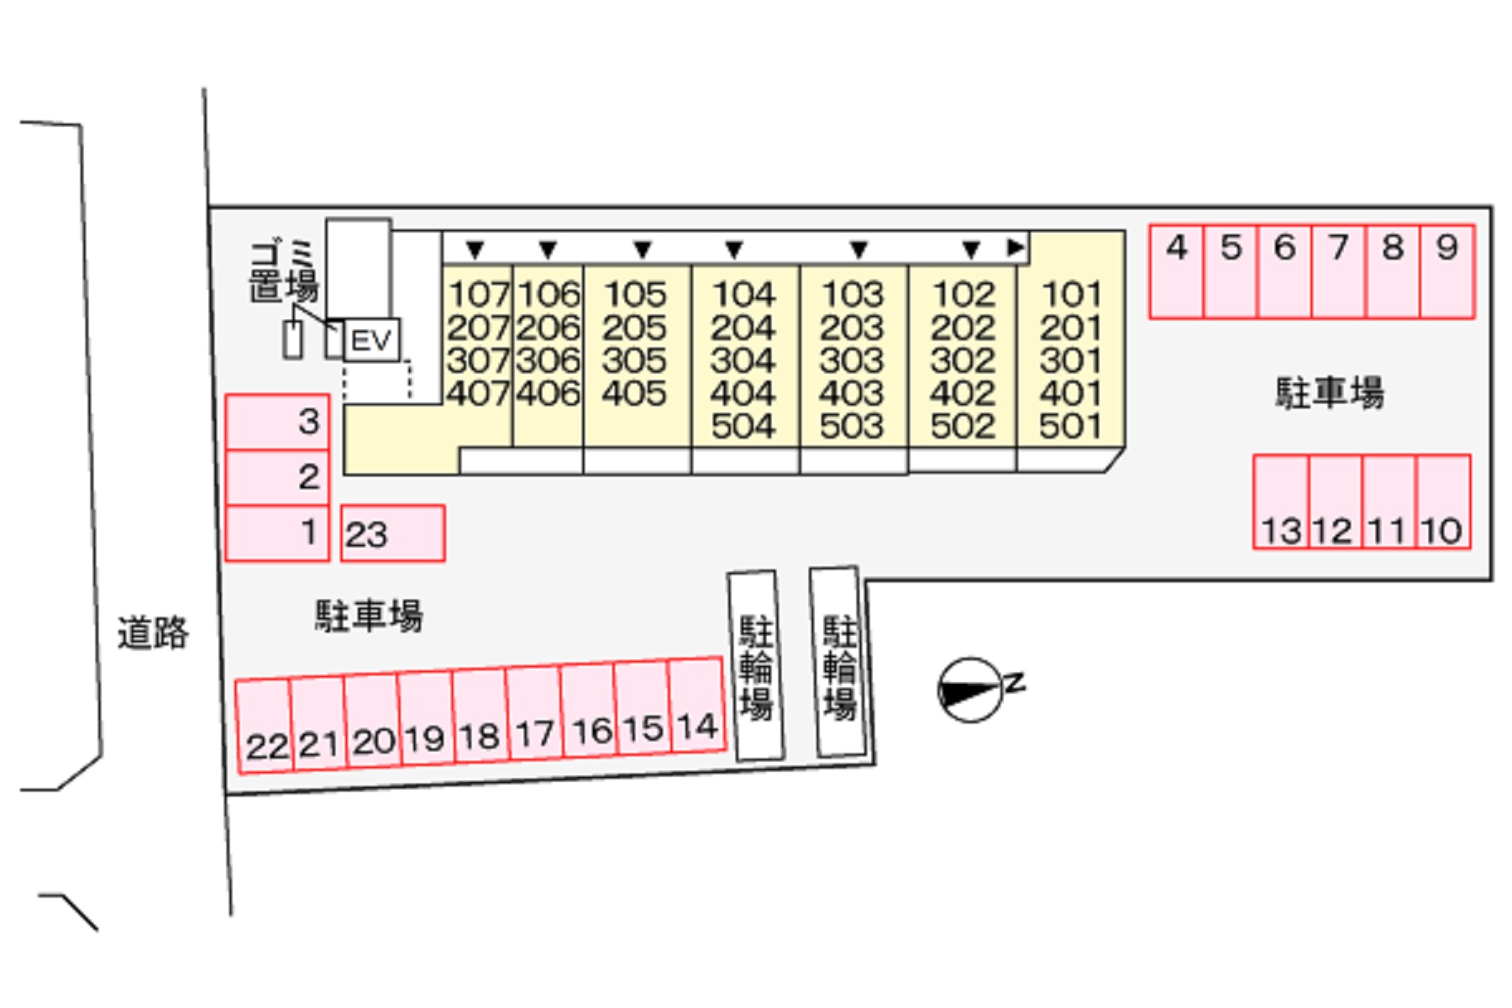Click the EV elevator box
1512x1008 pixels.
click(372, 340)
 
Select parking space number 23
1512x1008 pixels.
click(392, 533)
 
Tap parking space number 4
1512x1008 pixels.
click(1176, 271)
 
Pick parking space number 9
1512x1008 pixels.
click(1447, 271)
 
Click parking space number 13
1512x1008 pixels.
click(1281, 502)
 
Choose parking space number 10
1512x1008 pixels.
click(1443, 502)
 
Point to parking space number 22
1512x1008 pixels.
click(265, 726)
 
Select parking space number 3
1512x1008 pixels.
click(277, 423)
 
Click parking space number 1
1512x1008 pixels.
click(277, 533)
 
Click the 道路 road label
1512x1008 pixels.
click(153, 633)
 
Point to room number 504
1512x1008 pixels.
click(743, 426)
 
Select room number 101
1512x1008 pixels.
click(1071, 294)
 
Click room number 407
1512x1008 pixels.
click(478, 393)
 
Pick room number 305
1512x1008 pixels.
click(635, 360)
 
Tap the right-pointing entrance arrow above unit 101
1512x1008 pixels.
click(1016, 247)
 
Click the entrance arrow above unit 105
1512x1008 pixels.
click(643, 249)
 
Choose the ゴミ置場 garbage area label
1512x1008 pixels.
click(284, 271)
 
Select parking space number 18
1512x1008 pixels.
click(480, 714)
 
